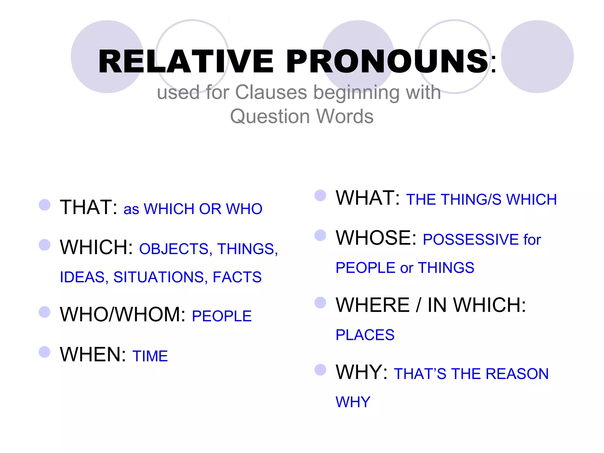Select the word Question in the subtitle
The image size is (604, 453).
pos(270,116)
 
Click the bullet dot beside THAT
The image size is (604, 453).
pos(45,205)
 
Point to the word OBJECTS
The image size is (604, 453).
pos(174,249)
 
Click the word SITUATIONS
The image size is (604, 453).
pos(158,277)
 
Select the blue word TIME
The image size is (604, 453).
pos(150,356)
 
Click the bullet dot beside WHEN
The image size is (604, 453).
pos(45,352)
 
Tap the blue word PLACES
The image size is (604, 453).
pos(365,335)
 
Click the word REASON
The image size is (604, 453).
pos(517,374)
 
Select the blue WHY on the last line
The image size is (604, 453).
pos(353,402)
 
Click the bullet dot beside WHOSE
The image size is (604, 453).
pos(320,235)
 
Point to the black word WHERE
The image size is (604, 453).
pos(373,305)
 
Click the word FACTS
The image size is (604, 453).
pos(237,277)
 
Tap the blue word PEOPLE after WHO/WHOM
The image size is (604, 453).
pos(221,316)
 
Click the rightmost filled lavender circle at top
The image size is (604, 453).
pos(537,57)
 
